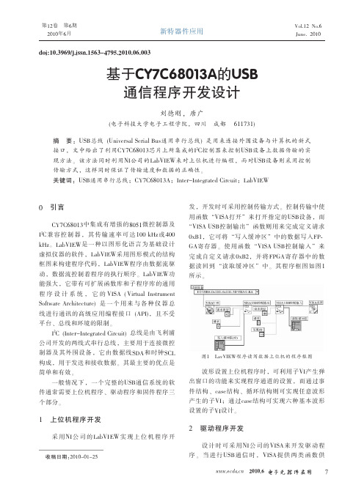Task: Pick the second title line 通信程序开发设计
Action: [x=181, y=92]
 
